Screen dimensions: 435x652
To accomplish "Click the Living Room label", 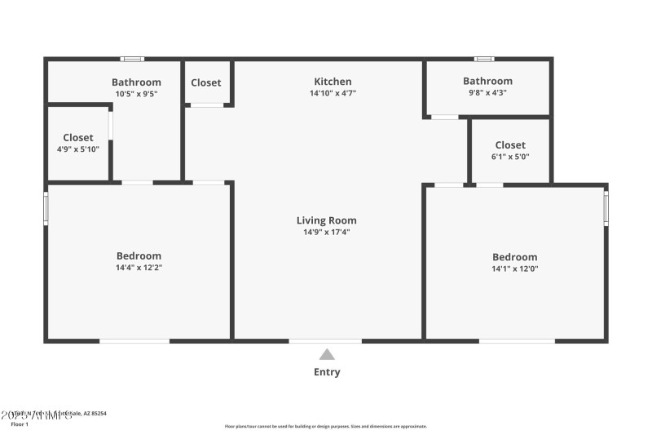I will [x=326, y=220].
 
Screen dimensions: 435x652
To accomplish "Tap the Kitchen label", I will [x=333, y=82].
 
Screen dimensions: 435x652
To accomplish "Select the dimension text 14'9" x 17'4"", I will [x=326, y=233].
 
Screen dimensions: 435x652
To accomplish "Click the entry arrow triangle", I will [x=327, y=354].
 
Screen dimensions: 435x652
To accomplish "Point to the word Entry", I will [x=327, y=372].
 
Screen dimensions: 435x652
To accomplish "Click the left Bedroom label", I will [x=139, y=255].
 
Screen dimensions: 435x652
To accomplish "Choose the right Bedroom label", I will [x=514, y=257].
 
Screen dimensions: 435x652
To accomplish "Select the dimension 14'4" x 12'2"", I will [x=139, y=268].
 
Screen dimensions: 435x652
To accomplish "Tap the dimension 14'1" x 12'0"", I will [x=514, y=269].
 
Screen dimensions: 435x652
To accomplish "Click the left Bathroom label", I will [x=136, y=82].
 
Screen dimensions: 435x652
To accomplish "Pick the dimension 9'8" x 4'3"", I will [x=487, y=93].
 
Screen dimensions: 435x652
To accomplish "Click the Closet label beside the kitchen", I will [x=206, y=82].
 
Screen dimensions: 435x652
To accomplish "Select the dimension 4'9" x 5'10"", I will [x=78, y=149].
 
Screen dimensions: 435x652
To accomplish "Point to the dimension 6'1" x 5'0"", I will [x=510, y=157].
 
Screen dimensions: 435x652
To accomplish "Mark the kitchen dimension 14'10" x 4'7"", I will [x=333, y=93].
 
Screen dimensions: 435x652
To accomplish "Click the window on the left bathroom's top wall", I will [x=133, y=59].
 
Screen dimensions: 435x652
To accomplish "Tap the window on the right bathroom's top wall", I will [x=484, y=59].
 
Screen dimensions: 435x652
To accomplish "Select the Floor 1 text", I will [x=20, y=424].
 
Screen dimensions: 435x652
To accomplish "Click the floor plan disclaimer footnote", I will [x=326, y=426].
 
